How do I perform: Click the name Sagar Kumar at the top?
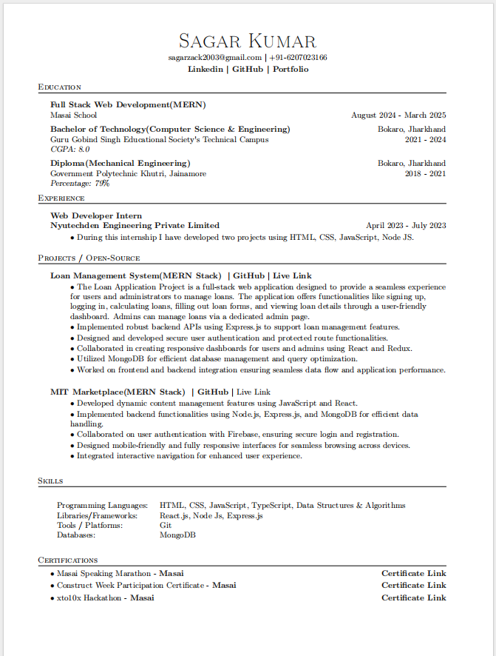tap(248, 41)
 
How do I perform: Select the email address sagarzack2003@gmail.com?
tap(215, 58)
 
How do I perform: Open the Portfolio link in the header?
tap(291, 69)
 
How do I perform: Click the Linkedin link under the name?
tap(205, 69)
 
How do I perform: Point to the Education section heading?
tap(60, 87)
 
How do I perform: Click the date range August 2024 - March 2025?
tap(398, 116)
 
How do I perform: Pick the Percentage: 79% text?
tap(80, 183)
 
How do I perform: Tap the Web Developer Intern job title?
tap(96, 215)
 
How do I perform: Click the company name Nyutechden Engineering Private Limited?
tap(135, 225)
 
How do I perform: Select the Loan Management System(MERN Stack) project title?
tap(135, 275)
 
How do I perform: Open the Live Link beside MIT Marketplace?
tap(254, 392)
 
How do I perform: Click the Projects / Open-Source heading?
tap(89, 258)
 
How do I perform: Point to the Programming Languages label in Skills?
tap(102, 506)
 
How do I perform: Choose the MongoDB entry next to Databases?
tap(177, 535)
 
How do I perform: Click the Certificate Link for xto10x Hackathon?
tap(413, 598)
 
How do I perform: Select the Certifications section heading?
tap(68, 560)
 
